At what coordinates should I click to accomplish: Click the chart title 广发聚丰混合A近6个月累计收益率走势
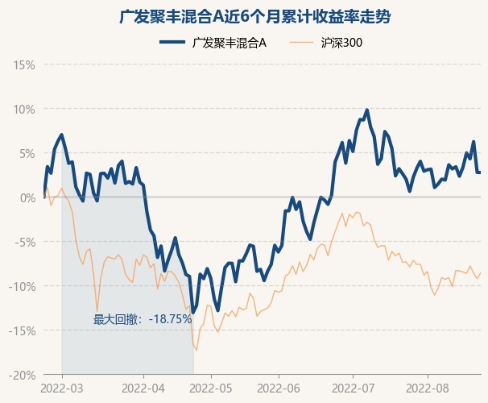244,17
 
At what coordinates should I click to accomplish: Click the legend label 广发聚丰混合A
230,43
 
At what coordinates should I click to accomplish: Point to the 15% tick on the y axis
24,64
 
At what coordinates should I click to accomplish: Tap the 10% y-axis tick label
24,109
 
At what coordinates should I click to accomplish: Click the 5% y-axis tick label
27,153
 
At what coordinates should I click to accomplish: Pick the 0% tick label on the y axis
27,197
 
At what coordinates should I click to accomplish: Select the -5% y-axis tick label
25,242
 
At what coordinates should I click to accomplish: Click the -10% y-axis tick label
23,286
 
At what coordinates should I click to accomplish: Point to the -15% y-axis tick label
23,330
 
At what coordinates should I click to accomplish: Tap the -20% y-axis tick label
23,375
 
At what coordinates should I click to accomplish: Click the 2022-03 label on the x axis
62,388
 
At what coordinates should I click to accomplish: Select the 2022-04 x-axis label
143,388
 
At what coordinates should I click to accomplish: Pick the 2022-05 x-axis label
211,388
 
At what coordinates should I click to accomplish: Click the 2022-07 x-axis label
353,388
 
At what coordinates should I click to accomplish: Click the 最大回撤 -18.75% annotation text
143,319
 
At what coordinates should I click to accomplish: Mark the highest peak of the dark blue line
367,110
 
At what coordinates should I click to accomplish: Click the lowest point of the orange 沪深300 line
196,349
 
